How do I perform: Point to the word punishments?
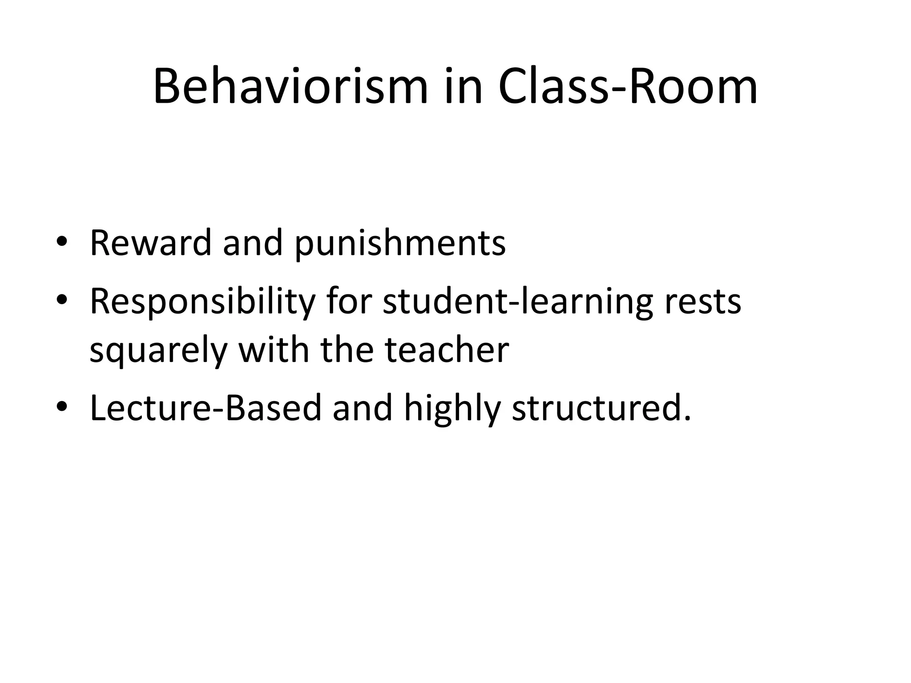(400, 245)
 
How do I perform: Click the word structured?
(601, 408)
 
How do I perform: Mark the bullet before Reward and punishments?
(62, 242)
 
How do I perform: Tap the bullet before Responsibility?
(62, 300)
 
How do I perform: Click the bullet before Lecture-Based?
(62, 406)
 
